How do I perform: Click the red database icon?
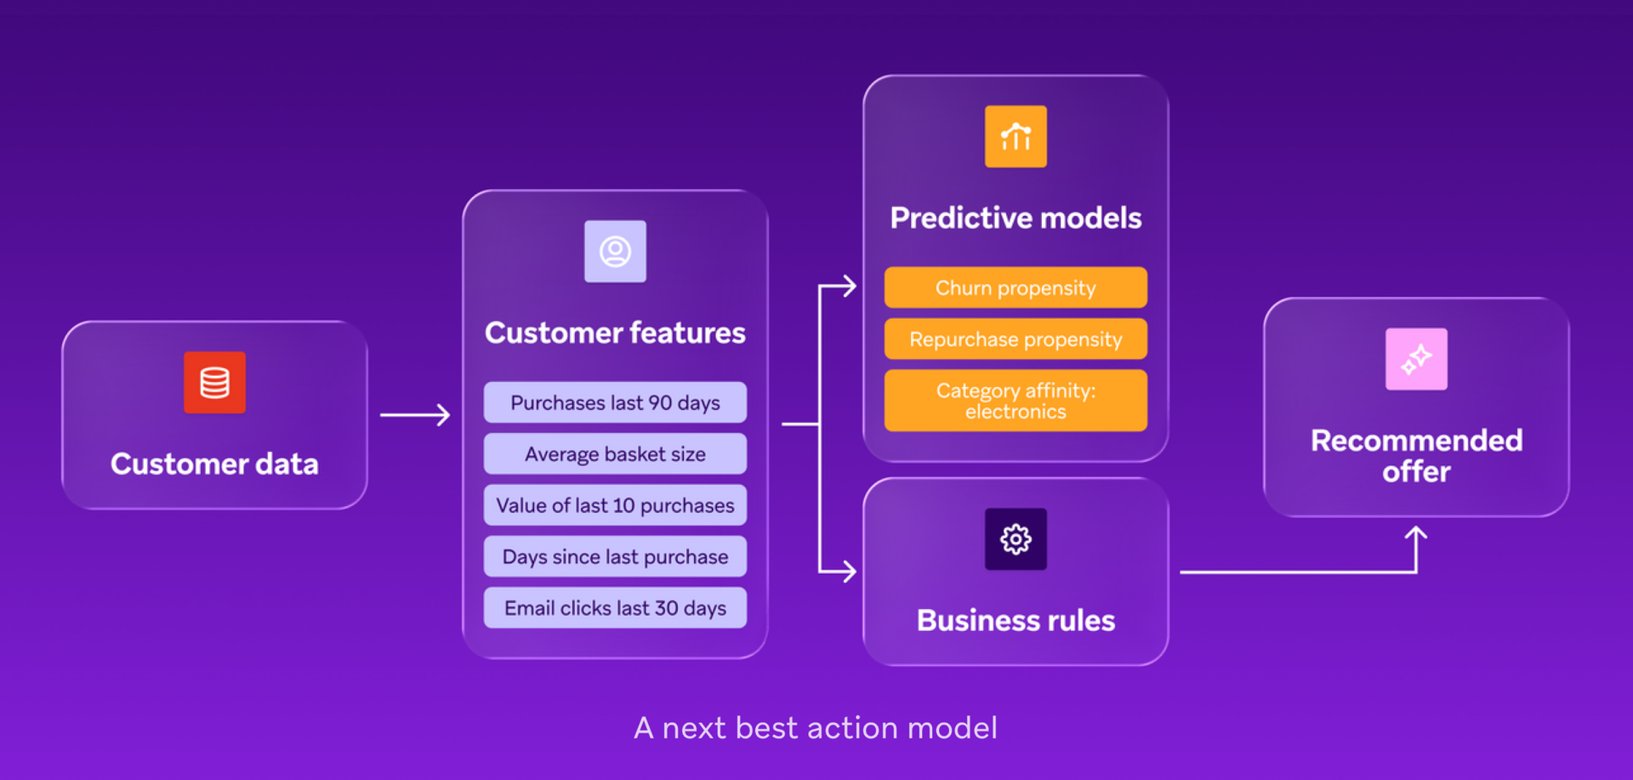pyautogui.click(x=214, y=383)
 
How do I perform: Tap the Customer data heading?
pyautogui.click(x=214, y=464)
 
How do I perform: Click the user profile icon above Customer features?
pyautogui.click(x=615, y=252)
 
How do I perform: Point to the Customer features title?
pyautogui.click(x=615, y=333)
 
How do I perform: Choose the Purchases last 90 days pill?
pyautogui.click(x=615, y=402)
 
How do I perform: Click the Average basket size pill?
pyautogui.click(x=615, y=454)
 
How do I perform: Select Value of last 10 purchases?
pyautogui.click(x=615, y=505)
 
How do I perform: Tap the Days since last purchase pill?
pyautogui.click(x=615, y=557)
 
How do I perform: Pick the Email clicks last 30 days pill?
pyautogui.click(x=615, y=608)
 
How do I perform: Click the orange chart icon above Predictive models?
pyautogui.click(x=1016, y=137)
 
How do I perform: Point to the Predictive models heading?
pyautogui.click(x=1016, y=219)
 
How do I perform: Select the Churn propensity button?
pyautogui.click(x=1016, y=288)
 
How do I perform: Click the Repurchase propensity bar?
pyautogui.click(x=1016, y=339)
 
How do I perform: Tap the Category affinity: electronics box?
pyautogui.click(x=1016, y=401)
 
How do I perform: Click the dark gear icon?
pyautogui.click(x=1016, y=539)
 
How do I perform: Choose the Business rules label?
pyautogui.click(x=1016, y=621)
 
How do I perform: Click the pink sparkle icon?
pyautogui.click(x=1416, y=360)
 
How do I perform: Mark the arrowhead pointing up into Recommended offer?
pyautogui.click(x=1416, y=533)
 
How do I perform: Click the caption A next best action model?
pyautogui.click(x=816, y=728)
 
